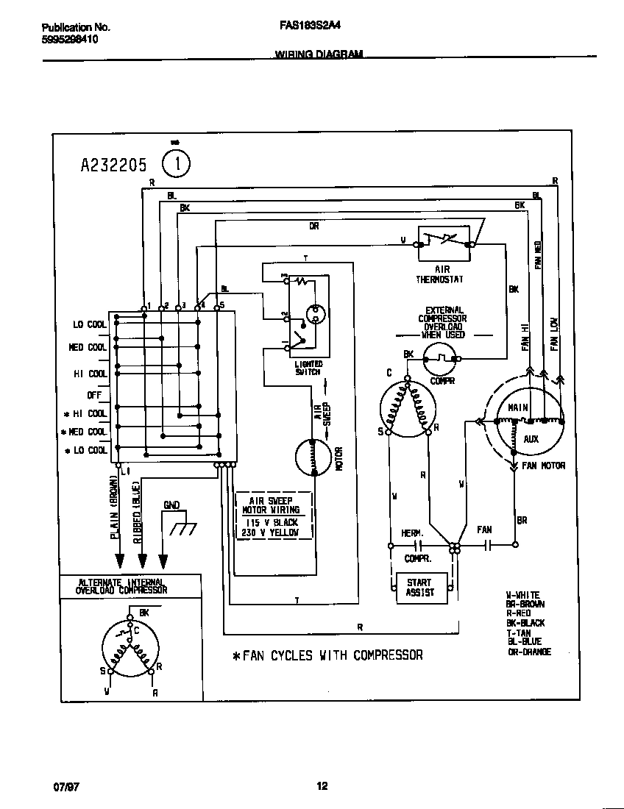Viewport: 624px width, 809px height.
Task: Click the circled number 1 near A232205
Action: [x=175, y=163]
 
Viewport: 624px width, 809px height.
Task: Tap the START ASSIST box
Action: [x=420, y=588]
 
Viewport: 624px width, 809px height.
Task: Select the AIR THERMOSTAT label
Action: [x=439, y=275]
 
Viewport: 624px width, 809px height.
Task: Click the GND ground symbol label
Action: [x=171, y=505]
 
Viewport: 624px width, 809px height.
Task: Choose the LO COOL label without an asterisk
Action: [x=89, y=324]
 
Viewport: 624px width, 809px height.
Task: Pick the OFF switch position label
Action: [x=93, y=395]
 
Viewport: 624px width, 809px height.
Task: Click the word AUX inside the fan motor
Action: [x=531, y=439]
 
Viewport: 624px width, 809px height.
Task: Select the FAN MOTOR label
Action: [x=543, y=466]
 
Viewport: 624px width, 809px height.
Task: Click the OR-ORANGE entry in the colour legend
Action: [x=528, y=652]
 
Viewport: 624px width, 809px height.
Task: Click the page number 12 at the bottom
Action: [x=322, y=786]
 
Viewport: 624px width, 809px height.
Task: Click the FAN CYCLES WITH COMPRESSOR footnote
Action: [x=327, y=655]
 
